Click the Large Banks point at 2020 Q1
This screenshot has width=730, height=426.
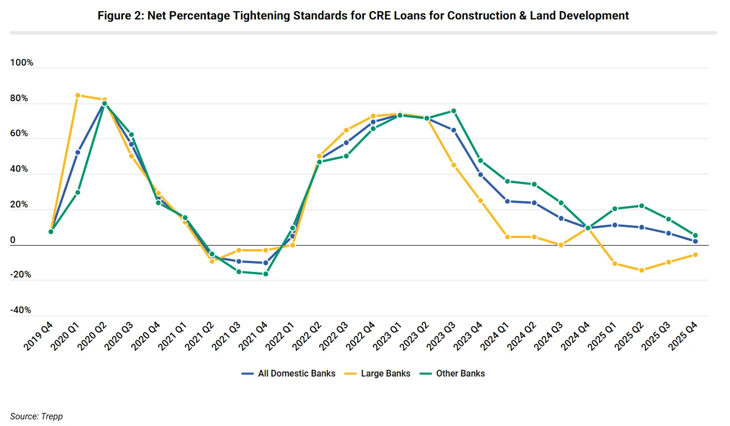pyautogui.click(x=77, y=95)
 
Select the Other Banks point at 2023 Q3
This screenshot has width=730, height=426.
pyautogui.click(x=453, y=111)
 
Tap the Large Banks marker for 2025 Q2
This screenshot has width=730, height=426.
pyautogui.click(x=642, y=270)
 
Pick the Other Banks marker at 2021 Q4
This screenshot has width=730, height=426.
pyautogui.click(x=265, y=274)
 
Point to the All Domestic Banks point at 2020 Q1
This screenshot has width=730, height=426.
pyautogui.click(x=77, y=152)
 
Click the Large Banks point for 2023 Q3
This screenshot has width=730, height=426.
pyautogui.click(x=453, y=165)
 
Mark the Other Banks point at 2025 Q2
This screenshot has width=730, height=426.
pyautogui.click(x=642, y=206)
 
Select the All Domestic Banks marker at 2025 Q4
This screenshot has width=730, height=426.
pyautogui.click(x=696, y=241)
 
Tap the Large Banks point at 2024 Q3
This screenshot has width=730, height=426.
pyautogui.click(x=561, y=245)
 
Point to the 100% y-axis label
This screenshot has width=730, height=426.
pyautogui.click(x=22, y=63)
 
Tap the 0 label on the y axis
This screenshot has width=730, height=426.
pyautogui.click(x=13, y=240)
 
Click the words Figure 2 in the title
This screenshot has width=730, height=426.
pyautogui.click(x=119, y=16)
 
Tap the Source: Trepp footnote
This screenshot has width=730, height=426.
pyautogui.click(x=36, y=416)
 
